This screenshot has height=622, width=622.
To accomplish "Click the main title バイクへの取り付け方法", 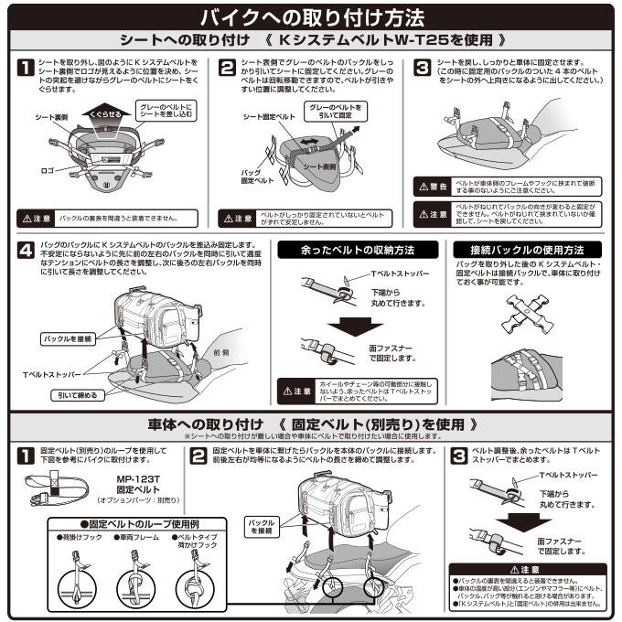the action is [x=311, y=16].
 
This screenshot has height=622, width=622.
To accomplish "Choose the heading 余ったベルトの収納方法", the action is [x=357, y=249].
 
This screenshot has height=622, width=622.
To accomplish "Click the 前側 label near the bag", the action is [x=220, y=351].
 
